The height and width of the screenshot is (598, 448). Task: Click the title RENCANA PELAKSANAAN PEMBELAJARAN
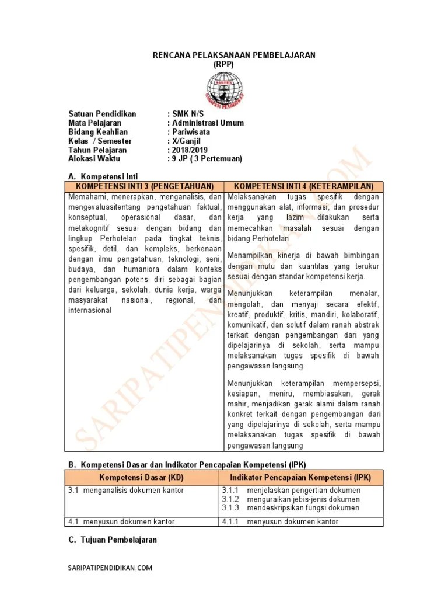233,55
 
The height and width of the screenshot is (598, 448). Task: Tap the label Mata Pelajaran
94,123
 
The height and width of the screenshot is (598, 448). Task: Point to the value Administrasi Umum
205,123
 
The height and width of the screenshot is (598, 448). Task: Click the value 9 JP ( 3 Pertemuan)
204,158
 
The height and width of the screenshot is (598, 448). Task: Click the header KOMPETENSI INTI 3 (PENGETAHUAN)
144,186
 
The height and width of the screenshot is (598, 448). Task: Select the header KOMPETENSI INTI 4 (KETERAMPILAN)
304,186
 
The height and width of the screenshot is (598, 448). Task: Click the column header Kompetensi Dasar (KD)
142,477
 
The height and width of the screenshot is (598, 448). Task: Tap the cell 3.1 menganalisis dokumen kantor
126,491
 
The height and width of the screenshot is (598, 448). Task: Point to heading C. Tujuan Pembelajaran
113,540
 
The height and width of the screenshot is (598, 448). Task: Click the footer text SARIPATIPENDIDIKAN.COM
110,568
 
